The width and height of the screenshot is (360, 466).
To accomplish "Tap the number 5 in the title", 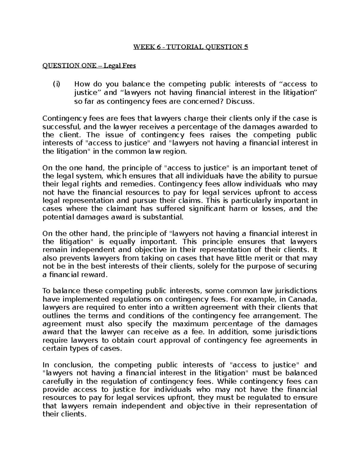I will pyautogui.click(x=246, y=47).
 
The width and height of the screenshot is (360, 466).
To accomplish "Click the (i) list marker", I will pyautogui.click(x=56, y=84).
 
